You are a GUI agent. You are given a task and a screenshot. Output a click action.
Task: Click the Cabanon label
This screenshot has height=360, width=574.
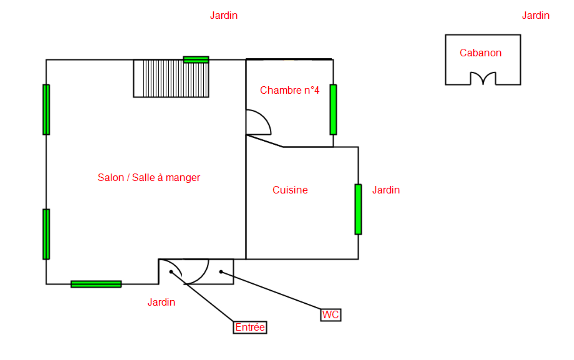point(480,53)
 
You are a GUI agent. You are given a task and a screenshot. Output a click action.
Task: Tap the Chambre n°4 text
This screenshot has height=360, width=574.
point(289,90)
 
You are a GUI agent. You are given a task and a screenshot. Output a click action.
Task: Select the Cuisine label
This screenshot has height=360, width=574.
point(290,190)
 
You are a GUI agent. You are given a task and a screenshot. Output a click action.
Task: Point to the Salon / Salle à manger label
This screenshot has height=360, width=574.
point(149,178)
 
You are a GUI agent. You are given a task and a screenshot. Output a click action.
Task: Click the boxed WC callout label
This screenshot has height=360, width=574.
point(331,315)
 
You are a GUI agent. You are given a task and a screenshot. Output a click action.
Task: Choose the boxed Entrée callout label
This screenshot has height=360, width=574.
point(250,327)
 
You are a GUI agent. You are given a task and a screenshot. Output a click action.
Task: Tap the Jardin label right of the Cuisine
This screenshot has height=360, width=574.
point(386,190)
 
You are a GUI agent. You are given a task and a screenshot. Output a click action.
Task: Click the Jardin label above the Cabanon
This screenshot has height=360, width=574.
point(536,16)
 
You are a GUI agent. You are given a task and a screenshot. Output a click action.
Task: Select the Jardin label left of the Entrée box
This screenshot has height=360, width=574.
point(161,302)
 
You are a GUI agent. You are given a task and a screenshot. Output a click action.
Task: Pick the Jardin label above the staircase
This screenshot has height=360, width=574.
point(224,16)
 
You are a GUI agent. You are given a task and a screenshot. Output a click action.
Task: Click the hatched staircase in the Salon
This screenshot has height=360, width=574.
point(171,79)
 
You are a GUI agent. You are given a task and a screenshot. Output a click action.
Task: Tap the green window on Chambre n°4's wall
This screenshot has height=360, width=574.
point(333,110)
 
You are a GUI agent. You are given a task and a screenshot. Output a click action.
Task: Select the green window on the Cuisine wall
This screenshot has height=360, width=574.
point(358,209)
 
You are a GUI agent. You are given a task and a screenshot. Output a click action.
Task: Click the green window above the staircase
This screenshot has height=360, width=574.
point(196,59)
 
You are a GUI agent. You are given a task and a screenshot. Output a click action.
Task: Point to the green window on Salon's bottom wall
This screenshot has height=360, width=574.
point(96,284)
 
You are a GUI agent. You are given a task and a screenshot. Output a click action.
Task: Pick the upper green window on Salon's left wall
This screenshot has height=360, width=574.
point(46,110)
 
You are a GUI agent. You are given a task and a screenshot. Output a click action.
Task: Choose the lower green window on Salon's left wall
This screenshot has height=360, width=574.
point(46,234)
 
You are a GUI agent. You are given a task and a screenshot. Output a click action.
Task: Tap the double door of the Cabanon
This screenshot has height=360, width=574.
point(483,78)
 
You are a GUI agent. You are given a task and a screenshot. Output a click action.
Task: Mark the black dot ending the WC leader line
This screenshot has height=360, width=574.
point(221,272)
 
